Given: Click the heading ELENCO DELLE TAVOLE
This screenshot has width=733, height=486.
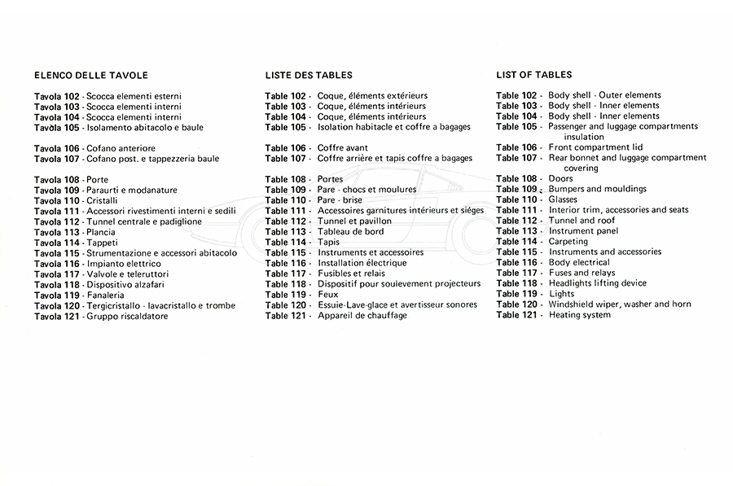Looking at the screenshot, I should pyautogui.click(x=90, y=76).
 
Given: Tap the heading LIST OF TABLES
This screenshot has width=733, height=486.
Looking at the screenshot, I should pyautogui.click(x=533, y=75).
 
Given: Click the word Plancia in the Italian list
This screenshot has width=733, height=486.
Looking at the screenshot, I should pyautogui.click(x=100, y=232).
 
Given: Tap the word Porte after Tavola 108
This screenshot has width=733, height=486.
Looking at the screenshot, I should pyautogui.click(x=97, y=179).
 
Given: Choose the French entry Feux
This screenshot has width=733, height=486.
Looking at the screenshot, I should pyautogui.click(x=328, y=295).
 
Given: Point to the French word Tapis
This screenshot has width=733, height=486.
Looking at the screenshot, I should pyautogui.click(x=329, y=243).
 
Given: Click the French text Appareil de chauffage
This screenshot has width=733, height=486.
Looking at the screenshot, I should pyautogui.click(x=362, y=316).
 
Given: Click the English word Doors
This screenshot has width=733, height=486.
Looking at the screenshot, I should pyautogui.click(x=560, y=178).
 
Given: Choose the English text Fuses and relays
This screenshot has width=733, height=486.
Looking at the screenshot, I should pyautogui.click(x=582, y=273).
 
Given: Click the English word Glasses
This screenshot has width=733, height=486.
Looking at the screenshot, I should pyautogui.click(x=564, y=199).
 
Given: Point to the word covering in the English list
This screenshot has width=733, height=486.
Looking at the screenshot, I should pyautogui.click(x=581, y=169).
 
